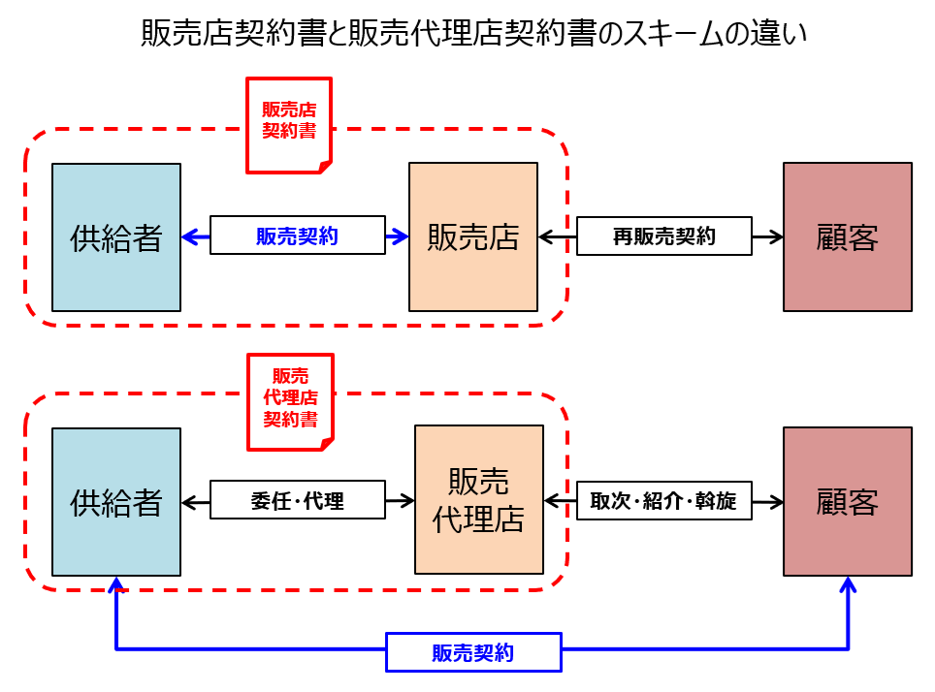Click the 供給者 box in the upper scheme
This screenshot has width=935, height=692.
click(x=116, y=237)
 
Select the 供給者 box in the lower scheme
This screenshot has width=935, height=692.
click(x=116, y=502)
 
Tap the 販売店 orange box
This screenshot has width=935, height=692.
click(x=473, y=237)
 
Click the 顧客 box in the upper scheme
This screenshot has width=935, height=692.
click(x=847, y=237)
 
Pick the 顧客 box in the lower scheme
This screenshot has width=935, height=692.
click(x=847, y=502)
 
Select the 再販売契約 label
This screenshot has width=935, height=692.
click(x=663, y=236)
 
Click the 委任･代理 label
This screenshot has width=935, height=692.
click(x=297, y=501)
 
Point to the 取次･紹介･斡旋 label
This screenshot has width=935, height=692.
click(x=663, y=501)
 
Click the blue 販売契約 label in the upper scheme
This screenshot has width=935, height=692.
click(x=297, y=236)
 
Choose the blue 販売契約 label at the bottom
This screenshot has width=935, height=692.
click(x=473, y=652)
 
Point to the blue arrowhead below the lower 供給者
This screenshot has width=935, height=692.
click(x=116, y=584)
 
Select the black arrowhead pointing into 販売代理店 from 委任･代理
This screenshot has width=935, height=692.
click(x=406, y=501)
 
